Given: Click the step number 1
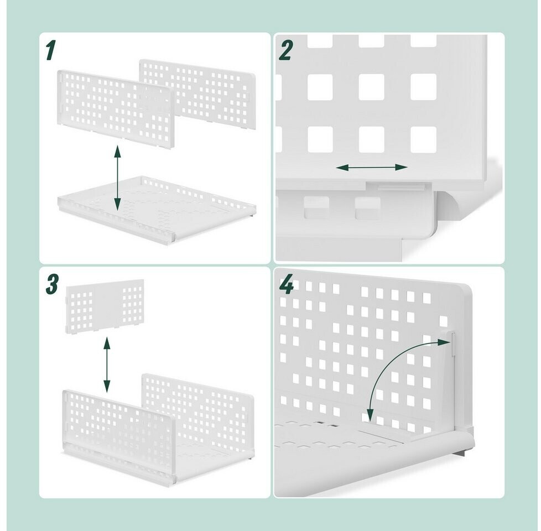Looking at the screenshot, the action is (50, 50).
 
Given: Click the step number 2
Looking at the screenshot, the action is (285, 50).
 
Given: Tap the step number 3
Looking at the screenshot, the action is (52, 284).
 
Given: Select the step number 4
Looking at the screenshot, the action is (287, 284).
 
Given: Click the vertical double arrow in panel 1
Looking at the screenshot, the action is (118, 178).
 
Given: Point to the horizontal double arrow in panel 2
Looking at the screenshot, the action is (372, 168).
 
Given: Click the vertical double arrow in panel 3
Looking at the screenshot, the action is (107, 365).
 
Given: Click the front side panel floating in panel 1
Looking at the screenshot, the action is (116, 108).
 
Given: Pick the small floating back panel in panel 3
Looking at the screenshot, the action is (105, 304).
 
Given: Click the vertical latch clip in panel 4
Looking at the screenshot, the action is (452, 343).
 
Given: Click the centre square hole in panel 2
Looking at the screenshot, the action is (372, 87).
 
